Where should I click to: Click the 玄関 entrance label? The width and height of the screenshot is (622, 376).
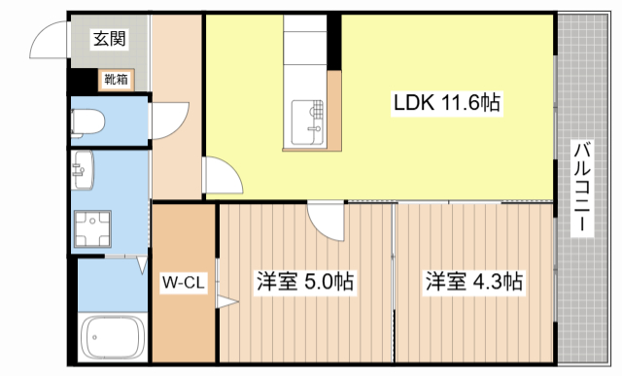point(109,39)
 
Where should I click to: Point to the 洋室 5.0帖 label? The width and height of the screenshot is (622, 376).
point(304,283)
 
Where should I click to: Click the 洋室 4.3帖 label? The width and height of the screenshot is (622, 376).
point(473,283)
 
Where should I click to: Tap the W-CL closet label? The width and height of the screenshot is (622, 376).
point(183,285)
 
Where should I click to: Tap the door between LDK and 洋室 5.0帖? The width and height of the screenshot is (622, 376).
point(326,222)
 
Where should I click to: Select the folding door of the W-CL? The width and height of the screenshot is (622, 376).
point(225,301)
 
